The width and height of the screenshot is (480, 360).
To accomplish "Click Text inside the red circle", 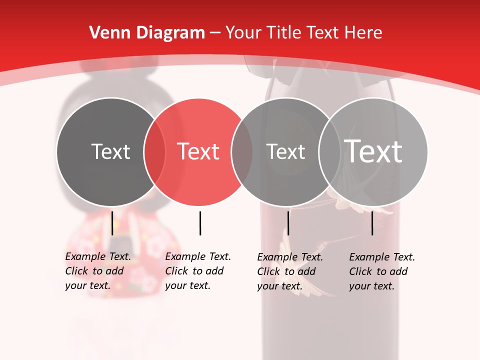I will tap(198, 151).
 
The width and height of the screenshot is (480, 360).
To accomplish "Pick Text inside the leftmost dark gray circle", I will tap(110, 151).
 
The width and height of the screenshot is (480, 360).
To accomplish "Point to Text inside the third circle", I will tap(285, 151).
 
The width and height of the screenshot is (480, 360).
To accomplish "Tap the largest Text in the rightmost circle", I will tap(373, 151).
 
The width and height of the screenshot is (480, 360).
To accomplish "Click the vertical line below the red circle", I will tap(200, 223).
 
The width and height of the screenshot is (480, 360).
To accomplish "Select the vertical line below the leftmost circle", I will tap(112, 223).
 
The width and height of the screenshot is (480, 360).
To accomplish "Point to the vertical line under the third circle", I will tap(288, 223).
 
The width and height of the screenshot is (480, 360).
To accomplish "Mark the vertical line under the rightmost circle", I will tap(372, 223).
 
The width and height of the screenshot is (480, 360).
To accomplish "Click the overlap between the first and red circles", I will tap(154, 151).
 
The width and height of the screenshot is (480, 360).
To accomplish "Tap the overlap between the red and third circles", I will tap(242, 151).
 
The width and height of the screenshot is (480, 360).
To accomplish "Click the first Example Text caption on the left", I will tap(98, 271).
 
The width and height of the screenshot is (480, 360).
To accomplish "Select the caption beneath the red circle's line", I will tap(198, 271).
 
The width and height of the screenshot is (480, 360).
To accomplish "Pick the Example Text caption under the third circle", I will tap(290, 271).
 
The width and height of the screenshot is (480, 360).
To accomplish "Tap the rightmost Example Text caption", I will tap(382, 271).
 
